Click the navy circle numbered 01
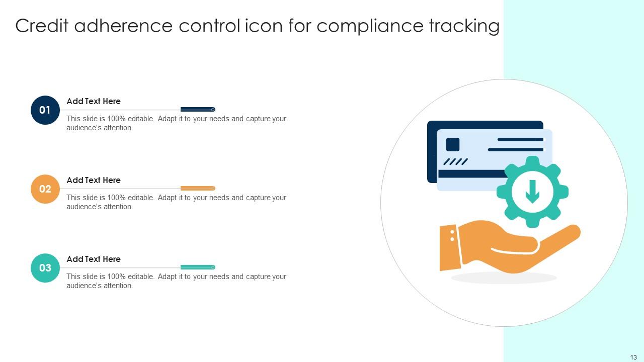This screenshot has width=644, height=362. pyautogui.click(x=45, y=110)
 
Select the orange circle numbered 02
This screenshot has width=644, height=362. pyautogui.click(x=45, y=189)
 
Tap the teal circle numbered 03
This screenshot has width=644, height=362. pyautogui.click(x=45, y=268)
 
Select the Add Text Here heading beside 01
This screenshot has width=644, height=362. pyautogui.click(x=94, y=101)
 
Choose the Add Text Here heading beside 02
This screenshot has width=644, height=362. pyautogui.click(x=94, y=180)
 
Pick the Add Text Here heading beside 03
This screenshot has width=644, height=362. pyautogui.click(x=94, y=259)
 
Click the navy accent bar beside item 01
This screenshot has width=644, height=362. pyautogui.click(x=197, y=109)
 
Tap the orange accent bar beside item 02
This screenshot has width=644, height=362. pyautogui.click(x=197, y=188)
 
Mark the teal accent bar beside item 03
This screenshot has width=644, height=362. pyautogui.click(x=197, y=267)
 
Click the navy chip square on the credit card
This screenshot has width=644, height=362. pyautogui.click(x=453, y=144)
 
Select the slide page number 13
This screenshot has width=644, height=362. pyautogui.click(x=633, y=357)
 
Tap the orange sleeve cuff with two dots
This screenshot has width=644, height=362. pyautogui.click(x=450, y=247)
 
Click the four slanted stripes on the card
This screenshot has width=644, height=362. pyautogui.click(x=455, y=162)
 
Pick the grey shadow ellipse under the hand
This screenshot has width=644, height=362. pyautogui.click(x=504, y=278)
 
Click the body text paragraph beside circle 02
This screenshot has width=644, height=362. pyautogui.click(x=176, y=202)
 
